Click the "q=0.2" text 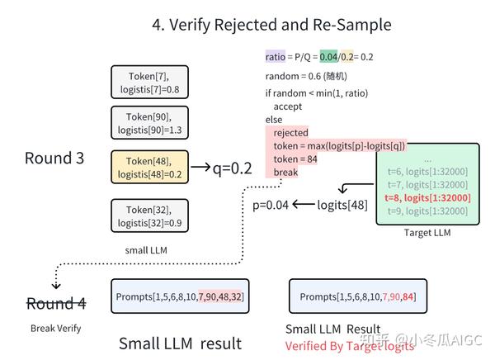[220, 168]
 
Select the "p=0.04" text [271, 205]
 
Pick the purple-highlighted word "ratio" [275, 58]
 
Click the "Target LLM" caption [427, 233]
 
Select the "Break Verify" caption [54, 328]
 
